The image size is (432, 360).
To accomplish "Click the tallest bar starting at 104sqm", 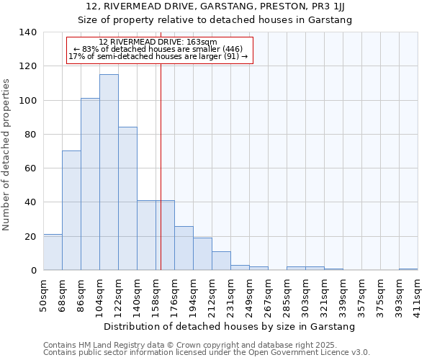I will pos(109,173).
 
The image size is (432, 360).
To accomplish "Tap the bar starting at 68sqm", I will pos(71,210).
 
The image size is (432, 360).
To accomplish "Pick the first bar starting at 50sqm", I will pos(53,252).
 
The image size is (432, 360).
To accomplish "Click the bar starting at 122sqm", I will pos(127,199).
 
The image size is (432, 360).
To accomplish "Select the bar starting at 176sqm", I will pos(184,248).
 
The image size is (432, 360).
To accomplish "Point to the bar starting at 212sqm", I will pos(221,261).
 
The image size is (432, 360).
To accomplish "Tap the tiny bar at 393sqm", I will pos(408,269).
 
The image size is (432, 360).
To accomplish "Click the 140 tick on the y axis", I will pos(28,32).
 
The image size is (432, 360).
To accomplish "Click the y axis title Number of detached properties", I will pos(6,154).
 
